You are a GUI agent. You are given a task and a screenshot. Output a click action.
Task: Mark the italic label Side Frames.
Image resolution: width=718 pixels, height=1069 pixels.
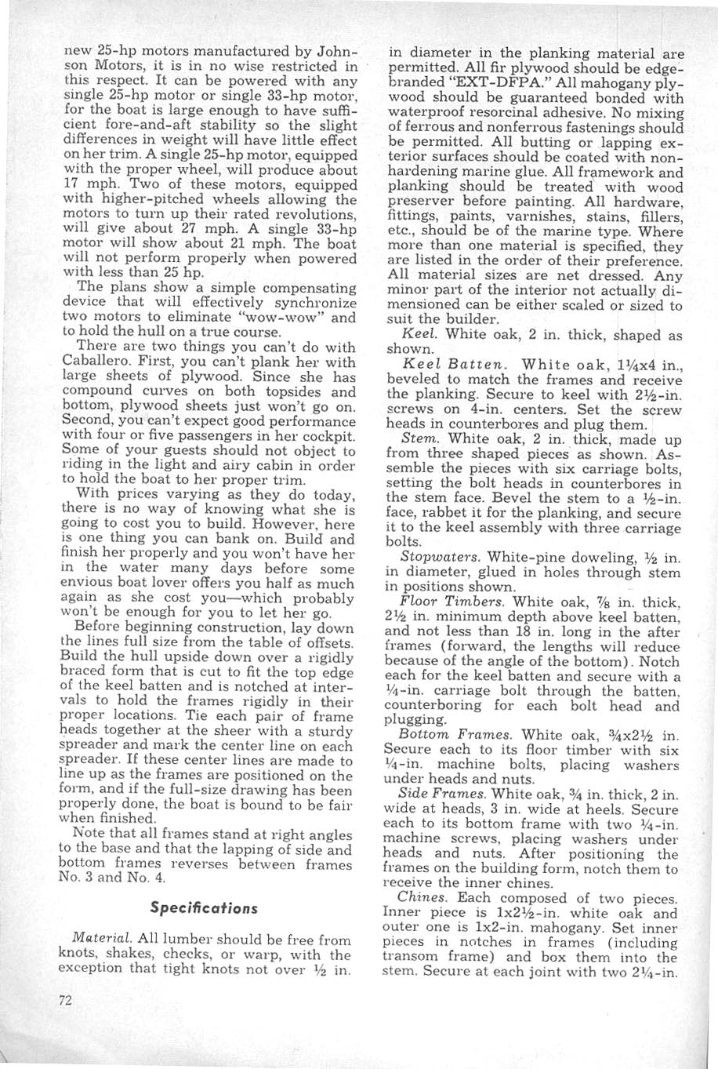(435, 794)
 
